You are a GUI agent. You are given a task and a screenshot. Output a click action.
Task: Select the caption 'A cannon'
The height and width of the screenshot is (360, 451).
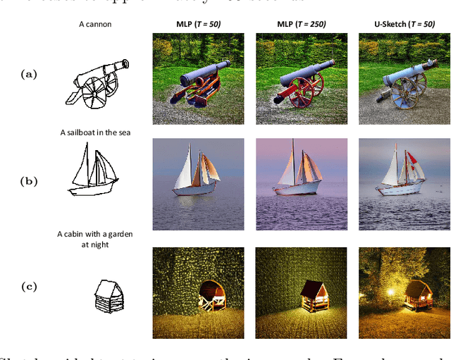coord(95,25)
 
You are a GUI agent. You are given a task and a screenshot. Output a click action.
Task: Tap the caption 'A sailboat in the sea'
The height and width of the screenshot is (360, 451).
coord(95,132)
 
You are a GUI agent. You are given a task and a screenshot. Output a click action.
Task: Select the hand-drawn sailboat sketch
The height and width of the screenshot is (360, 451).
coord(92,170)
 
